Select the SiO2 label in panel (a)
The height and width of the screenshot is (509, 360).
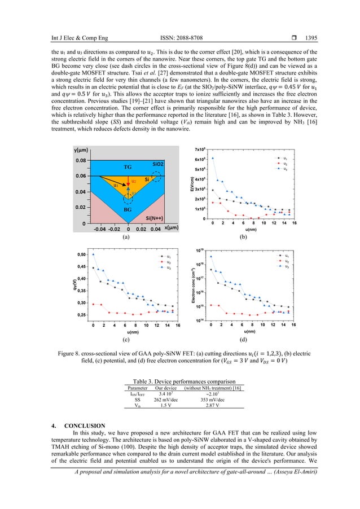[157, 163]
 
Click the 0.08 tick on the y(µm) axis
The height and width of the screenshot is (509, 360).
[82, 160]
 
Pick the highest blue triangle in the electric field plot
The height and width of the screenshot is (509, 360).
[213, 159]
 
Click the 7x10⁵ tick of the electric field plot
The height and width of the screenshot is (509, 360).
[200, 148]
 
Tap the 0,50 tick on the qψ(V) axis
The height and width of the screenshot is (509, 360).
[82, 254]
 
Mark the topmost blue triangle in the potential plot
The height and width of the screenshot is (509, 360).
[94, 254]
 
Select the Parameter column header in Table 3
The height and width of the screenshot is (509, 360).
[137, 388]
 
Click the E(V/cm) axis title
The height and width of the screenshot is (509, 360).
[192, 183]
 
